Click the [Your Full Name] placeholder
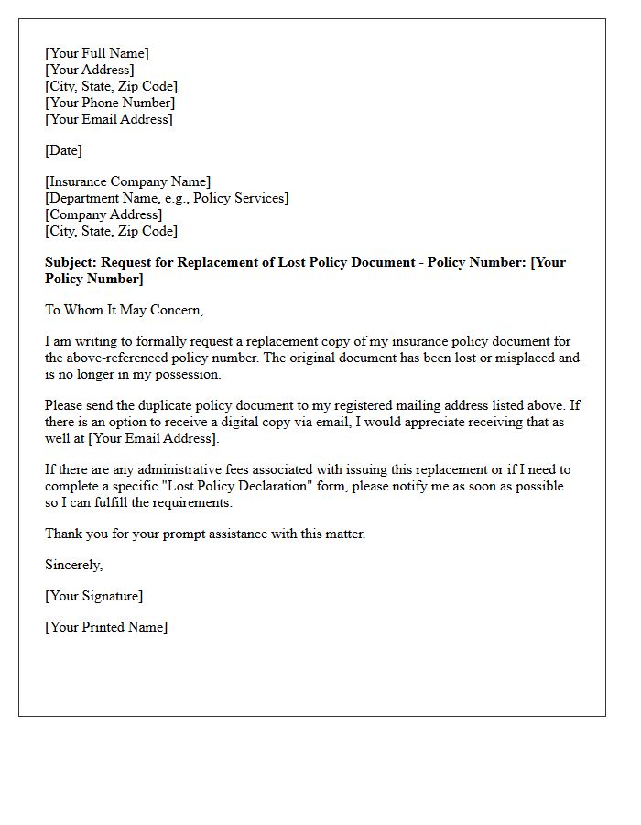point(96,53)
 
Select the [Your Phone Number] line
point(109,103)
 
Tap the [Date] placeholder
point(63,150)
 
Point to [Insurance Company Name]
point(127,181)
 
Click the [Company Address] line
point(103,214)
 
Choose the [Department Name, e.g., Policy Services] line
point(167,198)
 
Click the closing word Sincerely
point(73,565)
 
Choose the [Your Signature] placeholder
point(93,596)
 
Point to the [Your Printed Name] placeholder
point(106,627)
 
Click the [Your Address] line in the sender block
point(89,70)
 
